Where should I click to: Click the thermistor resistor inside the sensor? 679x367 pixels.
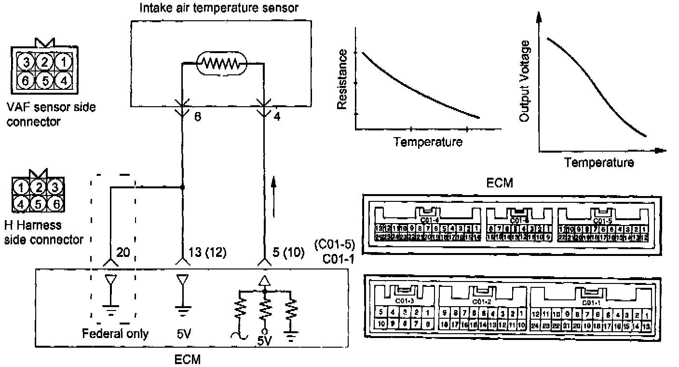point(221,63)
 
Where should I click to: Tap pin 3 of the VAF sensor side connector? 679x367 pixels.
point(27,62)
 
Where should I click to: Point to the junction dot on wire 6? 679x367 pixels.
point(182,187)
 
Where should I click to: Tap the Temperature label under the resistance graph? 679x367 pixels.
point(428,142)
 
